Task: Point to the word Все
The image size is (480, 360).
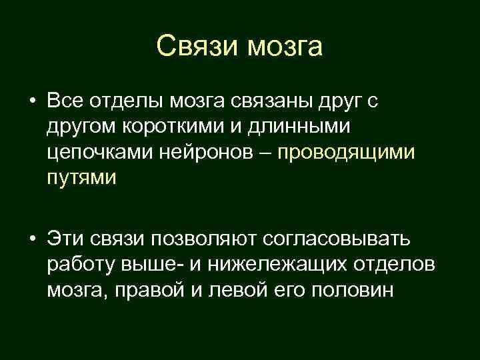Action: (x=65, y=101)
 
